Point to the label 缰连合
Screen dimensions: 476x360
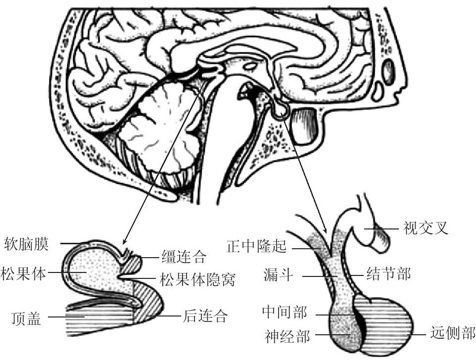[x=183, y=256]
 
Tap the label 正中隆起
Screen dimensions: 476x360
[x=257, y=246]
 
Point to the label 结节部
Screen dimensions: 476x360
[x=388, y=273]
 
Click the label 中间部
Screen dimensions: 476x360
[x=285, y=313]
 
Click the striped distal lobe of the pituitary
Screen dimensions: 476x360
[x=391, y=321]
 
